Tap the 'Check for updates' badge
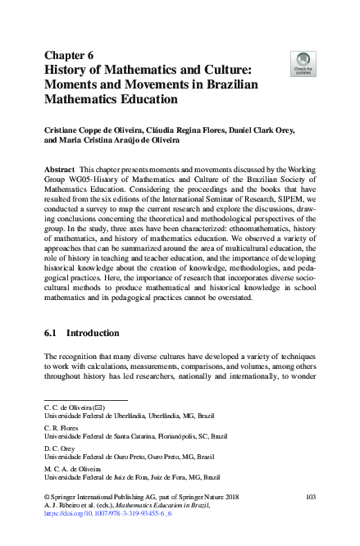click(303, 63)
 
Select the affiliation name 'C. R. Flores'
click(62, 427)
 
